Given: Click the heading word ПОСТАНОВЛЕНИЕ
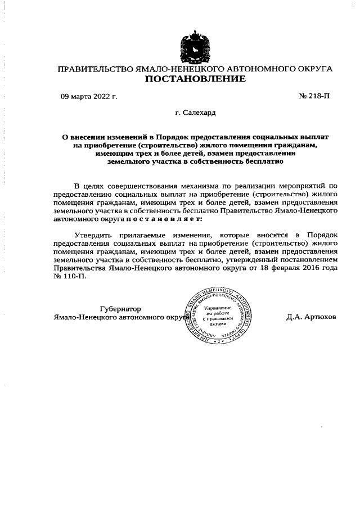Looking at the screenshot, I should [195, 79].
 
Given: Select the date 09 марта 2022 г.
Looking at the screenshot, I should [89, 97].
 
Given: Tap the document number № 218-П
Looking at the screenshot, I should [314, 97].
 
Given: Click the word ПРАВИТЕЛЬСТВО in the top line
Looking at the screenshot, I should [94, 69].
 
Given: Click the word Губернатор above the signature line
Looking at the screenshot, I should [120, 309].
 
